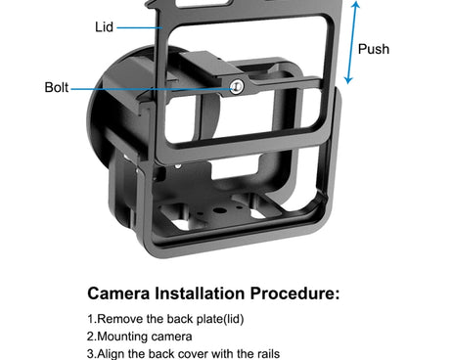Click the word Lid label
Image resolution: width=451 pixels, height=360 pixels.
click(104, 27)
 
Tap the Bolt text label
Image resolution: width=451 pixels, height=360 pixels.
click(57, 87)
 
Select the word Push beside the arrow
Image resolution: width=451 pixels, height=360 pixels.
click(374, 49)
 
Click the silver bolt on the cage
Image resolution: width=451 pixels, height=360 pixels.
click(236, 87)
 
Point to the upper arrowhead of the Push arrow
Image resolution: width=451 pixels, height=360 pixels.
click(356, 4)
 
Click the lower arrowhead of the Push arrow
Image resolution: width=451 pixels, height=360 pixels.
click(348, 80)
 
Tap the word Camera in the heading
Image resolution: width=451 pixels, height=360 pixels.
click(118, 293)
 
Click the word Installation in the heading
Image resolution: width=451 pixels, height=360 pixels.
click(200, 293)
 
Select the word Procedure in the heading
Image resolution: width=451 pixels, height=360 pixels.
click(292, 293)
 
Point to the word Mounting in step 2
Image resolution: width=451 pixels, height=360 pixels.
click(119, 337)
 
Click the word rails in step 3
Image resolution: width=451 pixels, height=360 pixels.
click(268, 354)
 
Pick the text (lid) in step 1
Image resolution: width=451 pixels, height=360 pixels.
click(233, 319)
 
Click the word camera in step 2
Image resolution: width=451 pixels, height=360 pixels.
click(168, 337)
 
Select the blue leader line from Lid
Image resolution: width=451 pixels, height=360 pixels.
click(140, 28)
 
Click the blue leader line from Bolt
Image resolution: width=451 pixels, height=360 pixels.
click(151, 89)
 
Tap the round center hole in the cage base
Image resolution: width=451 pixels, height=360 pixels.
click(221, 209)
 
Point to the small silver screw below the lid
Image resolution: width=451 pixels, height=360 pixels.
click(178, 166)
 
